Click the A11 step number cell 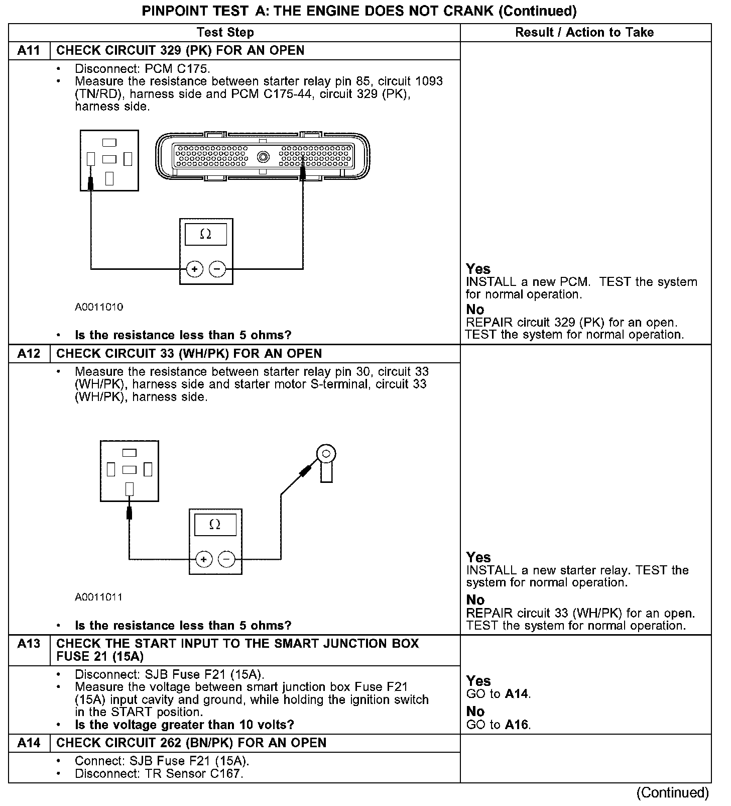pyautogui.click(x=29, y=51)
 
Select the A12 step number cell pyautogui.click(x=29, y=354)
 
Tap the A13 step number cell pyautogui.click(x=29, y=644)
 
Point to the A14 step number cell pyautogui.click(x=29, y=743)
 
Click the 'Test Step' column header pyautogui.click(x=225, y=33)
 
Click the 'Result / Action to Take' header pyautogui.click(x=584, y=33)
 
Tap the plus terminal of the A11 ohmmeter pyautogui.click(x=194, y=269)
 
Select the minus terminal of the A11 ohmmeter pyautogui.click(x=217, y=269)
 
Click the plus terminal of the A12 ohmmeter pyautogui.click(x=203, y=559)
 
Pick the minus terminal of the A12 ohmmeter pyautogui.click(x=226, y=559)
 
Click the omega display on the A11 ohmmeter pyautogui.click(x=206, y=234)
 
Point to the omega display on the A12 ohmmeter pyautogui.click(x=215, y=525)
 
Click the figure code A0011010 pyautogui.click(x=99, y=307)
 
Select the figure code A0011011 pyautogui.click(x=99, y=597)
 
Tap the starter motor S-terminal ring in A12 pyautogui.click(x=326, y=455)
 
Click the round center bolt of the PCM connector pyautogui.click(x=264, y=157)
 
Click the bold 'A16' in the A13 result pyautogui.click(x=518, y=725)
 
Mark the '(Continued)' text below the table pyautogui.click(x=672, y=793)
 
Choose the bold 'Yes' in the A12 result pyautogui.click(x=478, y=557)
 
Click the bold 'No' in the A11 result pyautogui.click(x=475, y=310)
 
